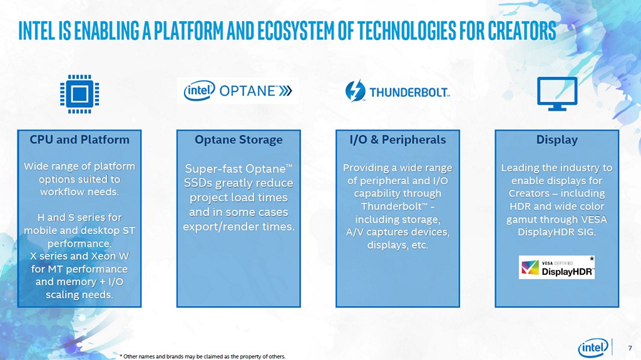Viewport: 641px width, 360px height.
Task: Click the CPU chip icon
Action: coord(79,95)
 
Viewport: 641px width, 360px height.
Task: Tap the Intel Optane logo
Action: coord(237,91)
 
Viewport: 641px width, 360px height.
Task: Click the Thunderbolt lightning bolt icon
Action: coord(356,91)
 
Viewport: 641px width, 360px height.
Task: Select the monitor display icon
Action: coord(556,95)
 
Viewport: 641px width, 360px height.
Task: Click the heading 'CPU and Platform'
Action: coord(79,140)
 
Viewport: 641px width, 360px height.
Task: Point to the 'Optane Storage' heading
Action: coord(238,140)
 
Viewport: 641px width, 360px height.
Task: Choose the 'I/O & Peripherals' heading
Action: coord(397,140)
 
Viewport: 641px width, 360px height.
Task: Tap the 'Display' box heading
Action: coord(556,140)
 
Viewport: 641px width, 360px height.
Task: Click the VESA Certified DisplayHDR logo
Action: coord(556,268)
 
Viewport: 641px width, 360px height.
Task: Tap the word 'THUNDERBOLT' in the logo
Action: coord(409,93)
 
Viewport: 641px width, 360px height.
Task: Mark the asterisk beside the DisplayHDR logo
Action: coord(592,259)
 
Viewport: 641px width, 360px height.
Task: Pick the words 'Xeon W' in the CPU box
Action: coord(110,257)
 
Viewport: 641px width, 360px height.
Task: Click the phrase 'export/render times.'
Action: coord(238,226)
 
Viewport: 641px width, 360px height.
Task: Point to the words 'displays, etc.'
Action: coord(397,245)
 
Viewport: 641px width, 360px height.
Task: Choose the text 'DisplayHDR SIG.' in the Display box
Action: coord(556,232)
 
